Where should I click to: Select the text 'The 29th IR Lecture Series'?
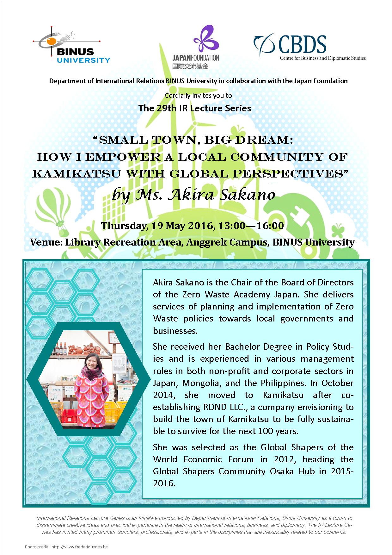(195, 108)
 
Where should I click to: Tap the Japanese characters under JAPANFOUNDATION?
(190, 66)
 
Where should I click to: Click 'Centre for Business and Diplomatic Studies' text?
(323, 58)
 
